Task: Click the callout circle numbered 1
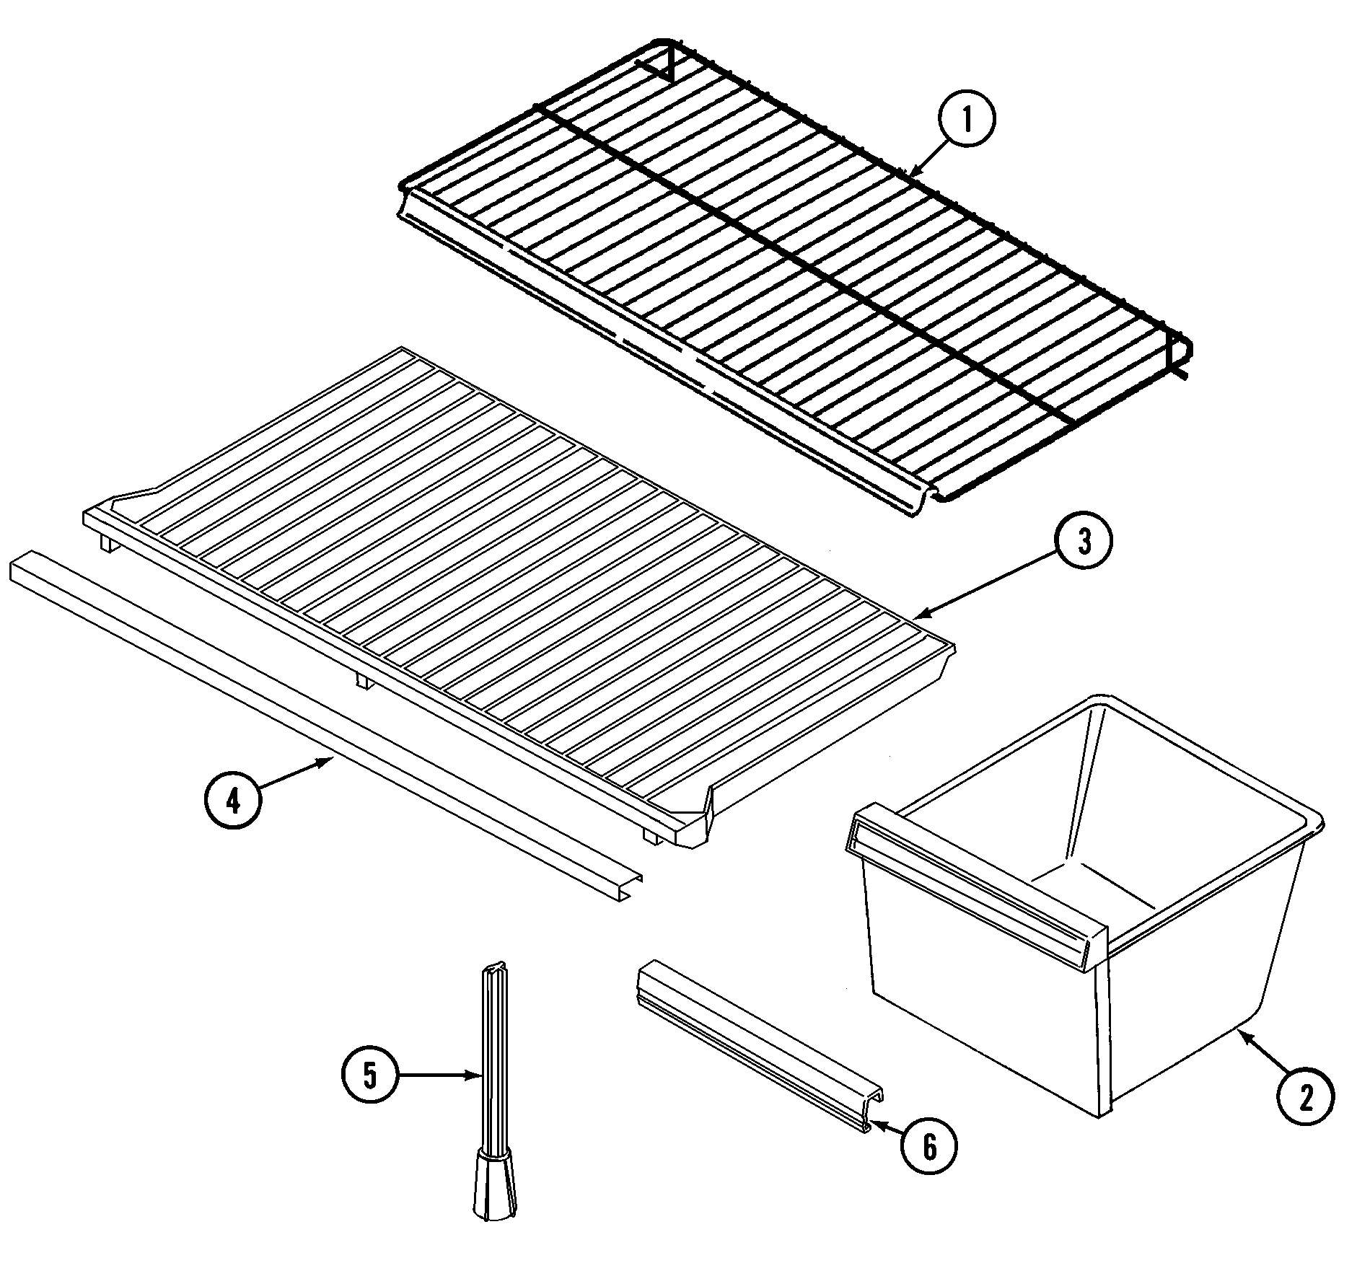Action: pyautogui.click(x=966, y=120)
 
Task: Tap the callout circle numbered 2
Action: pyautogui.click(x=1305, y=1096)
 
